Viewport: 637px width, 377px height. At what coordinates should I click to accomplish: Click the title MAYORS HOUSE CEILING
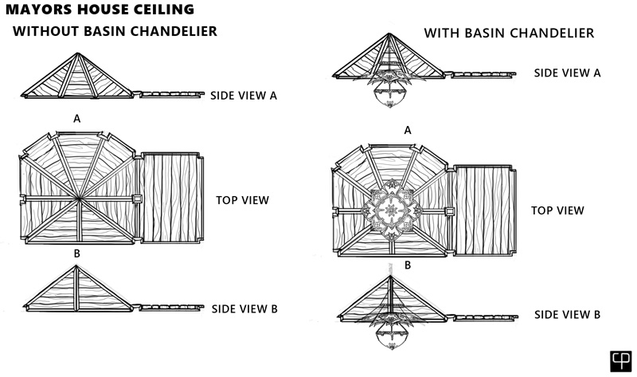[97, 10]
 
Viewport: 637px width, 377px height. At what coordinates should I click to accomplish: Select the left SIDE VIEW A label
[244, 96]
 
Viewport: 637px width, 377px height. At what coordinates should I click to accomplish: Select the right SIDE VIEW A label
[567, 73]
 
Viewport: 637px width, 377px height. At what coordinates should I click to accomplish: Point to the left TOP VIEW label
[242, 200]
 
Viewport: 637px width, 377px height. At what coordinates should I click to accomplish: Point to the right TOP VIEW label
[557, 210]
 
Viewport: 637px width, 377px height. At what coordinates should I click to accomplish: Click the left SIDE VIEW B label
[244, 308]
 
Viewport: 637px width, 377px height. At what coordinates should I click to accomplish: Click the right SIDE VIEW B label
[567, 315]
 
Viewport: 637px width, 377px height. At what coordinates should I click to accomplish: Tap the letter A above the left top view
[76, 118]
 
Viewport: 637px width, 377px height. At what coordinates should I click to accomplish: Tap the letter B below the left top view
[76, 253]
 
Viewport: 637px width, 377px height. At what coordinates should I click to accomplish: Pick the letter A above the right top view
[408, 129]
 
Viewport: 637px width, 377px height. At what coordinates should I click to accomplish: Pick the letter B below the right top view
[408, 265]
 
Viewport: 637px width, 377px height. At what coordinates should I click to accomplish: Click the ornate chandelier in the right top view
[392, 210]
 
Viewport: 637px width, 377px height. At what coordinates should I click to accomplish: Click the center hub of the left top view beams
[77, 198]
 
